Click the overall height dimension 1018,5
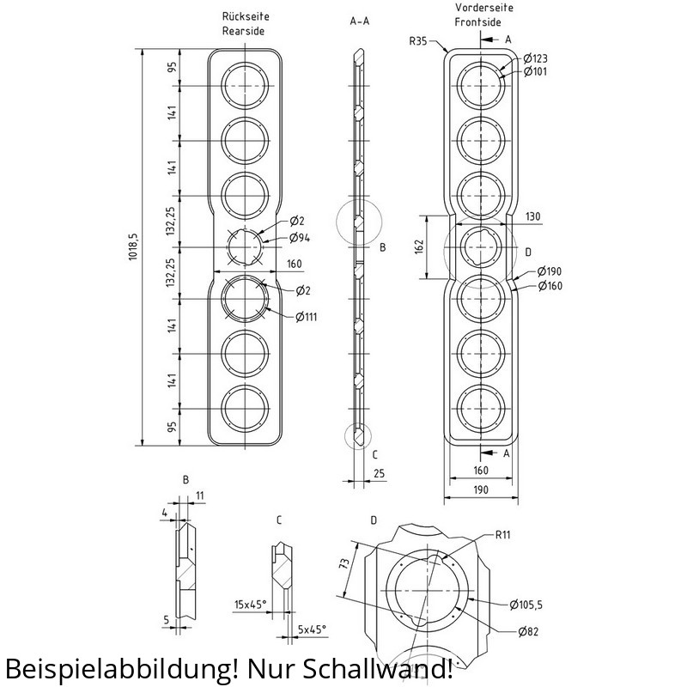tap(133, 247)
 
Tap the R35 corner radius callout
tap(418, 41)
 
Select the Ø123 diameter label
tap(535, 58)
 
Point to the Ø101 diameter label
tap(535, 71)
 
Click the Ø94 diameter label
tap(300, 238)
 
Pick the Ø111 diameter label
tap(307, 316)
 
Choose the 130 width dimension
tap(532, 216)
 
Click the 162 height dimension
tap(419, 246)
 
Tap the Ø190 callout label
tap(550, 271)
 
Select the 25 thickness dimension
tap(379, 473)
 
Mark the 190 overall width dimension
tap(481, 489)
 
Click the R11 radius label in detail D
tap(503, 534)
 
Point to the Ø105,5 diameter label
tap(526, 605)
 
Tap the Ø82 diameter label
tap(528, 631)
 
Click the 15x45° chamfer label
tap(250, 605)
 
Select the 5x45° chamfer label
tap(312, 629)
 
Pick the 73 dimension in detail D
tap(345, 562)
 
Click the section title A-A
tap(360, 21)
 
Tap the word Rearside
tap(243, 31)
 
